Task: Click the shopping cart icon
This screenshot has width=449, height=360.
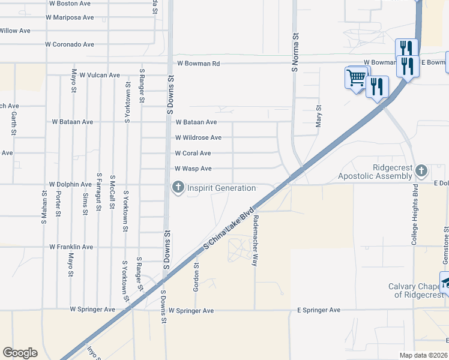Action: click(x=355, y=77)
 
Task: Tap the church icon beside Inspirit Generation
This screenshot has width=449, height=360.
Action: click(x=178, y=188)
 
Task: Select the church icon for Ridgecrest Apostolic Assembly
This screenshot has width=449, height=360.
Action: click(x=421, y=171)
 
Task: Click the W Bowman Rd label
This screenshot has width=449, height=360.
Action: click(x=198, y=63)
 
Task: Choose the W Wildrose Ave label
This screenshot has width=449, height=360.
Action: click(x=198, y=137)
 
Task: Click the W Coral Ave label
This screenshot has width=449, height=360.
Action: click(x=193, y=153)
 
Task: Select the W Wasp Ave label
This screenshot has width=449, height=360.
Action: click(x=193, y=169)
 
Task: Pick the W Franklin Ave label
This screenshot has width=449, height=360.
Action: click(x=71, y=247)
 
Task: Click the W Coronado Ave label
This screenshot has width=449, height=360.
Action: click(x=71, y=44)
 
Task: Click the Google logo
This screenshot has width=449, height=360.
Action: click(x=20, y=353)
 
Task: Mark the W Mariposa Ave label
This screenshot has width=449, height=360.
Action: click(x=70, y=17)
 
